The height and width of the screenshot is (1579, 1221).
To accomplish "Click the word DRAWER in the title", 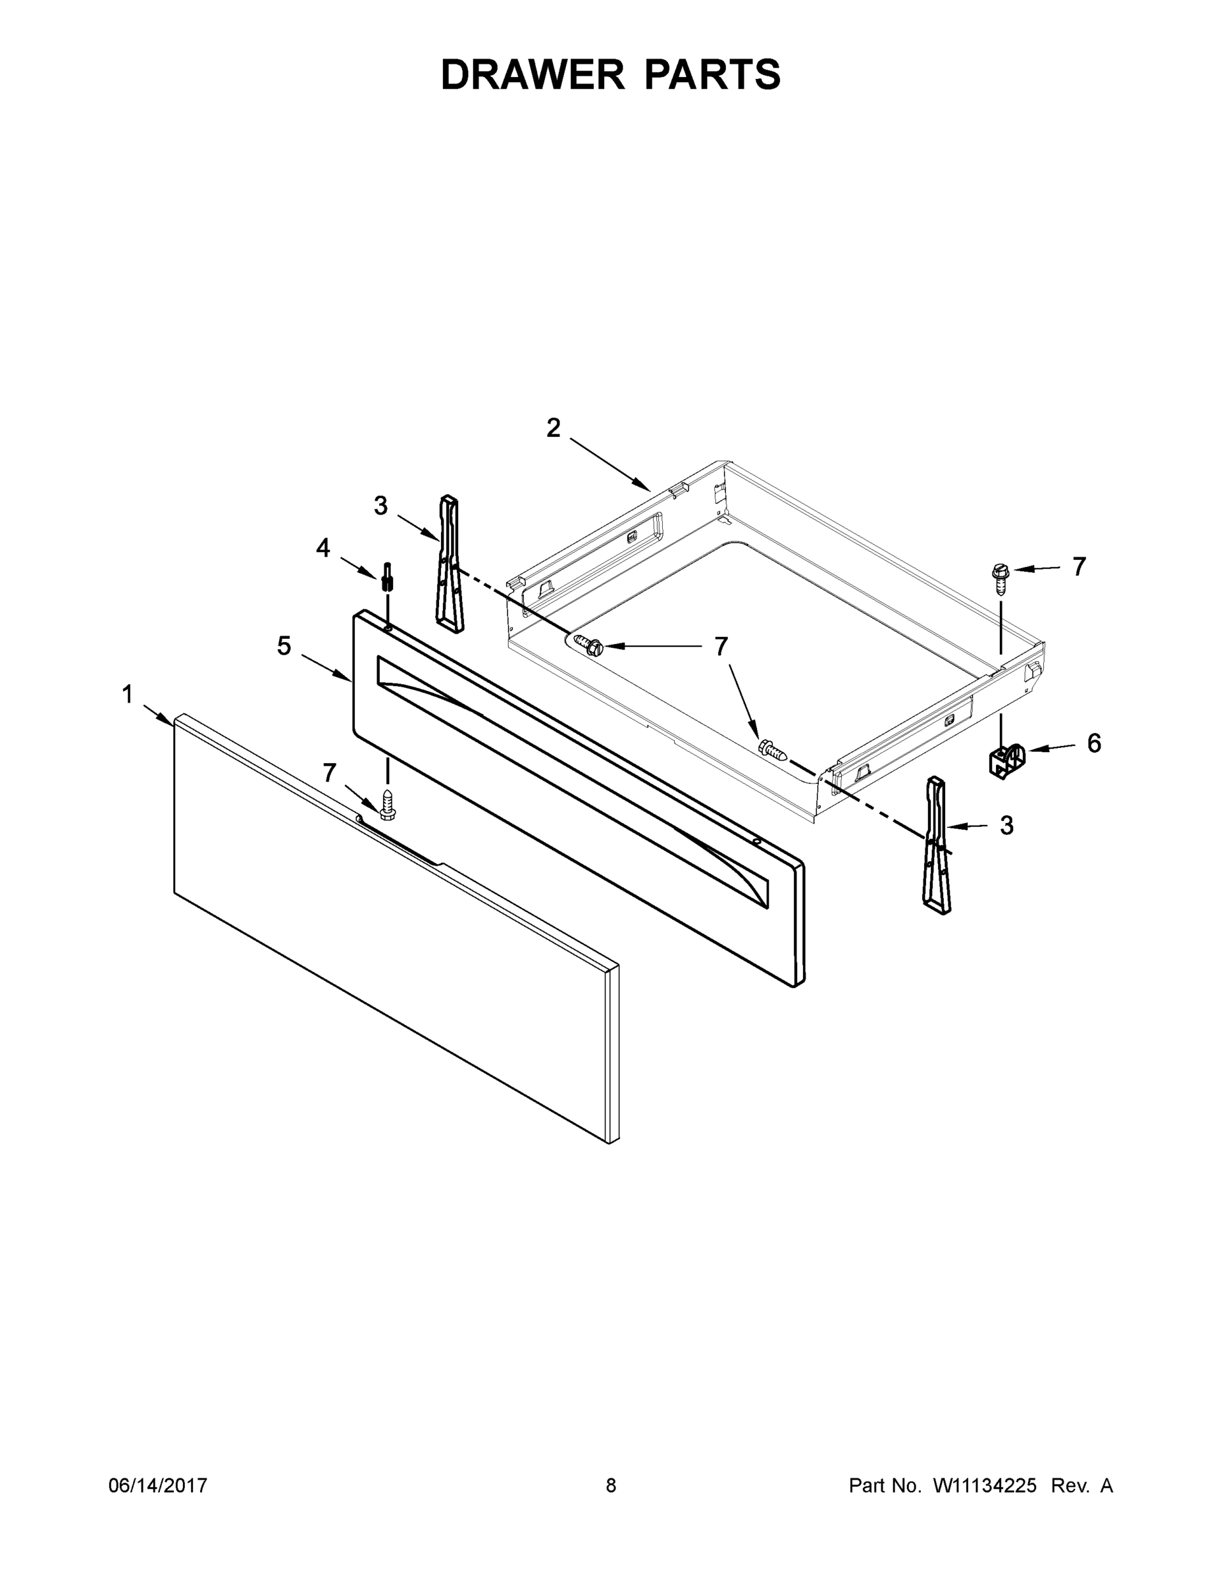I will coord(532,74).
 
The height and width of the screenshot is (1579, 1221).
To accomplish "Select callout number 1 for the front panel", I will coord(127,695).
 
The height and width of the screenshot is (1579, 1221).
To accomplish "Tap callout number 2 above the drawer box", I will coord(554,428).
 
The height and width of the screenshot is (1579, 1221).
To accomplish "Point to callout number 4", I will coord(323,548).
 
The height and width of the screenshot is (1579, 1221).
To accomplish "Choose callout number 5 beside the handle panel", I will coord(284,645).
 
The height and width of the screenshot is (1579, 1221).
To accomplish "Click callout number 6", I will coord(1094,743).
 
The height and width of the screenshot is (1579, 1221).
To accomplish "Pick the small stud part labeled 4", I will coord(388,576).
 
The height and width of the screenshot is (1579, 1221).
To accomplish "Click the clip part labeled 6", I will coord(1006,761).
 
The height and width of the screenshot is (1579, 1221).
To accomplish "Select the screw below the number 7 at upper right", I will coord(1001,578).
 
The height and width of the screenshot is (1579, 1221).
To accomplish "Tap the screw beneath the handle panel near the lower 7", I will coord(388,805).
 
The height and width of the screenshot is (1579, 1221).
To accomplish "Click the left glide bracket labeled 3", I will coord(449,564).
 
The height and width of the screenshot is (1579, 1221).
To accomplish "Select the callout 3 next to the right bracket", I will coord(1006,825).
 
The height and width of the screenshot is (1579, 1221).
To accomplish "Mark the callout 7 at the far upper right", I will coord(1079,567).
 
